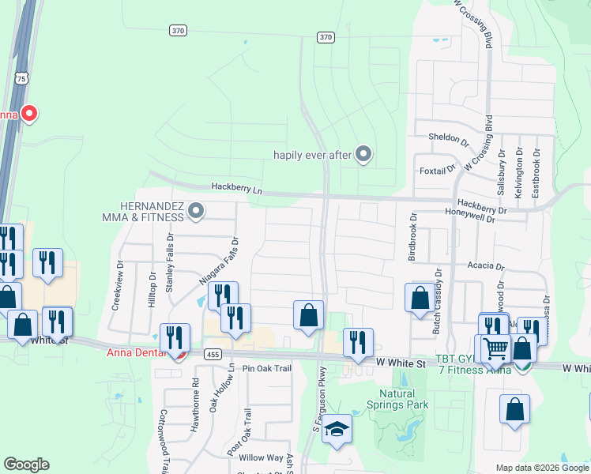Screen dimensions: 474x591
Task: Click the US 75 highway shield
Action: click(x=21, y=78)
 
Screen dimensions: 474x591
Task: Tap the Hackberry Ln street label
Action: click(x=235, y=187)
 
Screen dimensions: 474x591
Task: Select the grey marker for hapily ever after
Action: click(x=363, y=154)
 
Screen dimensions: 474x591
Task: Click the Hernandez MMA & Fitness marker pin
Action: click(x=197, y=210)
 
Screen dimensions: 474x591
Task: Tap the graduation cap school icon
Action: click(x=337, y=429)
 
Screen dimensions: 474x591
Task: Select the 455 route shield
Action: click(x=211, y=355)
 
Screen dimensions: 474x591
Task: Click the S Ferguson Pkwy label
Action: click(x=321, y=403)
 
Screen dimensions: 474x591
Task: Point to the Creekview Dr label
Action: click(x=121, y=286)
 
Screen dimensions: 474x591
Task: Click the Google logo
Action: click(x=26, y=465)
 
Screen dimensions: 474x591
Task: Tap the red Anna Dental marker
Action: click(x=179, y=354)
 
